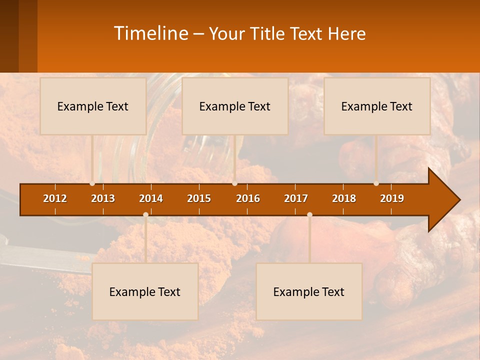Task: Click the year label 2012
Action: point(55,198)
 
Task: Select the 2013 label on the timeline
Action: point(103,198)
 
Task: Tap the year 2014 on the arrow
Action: point(151,198)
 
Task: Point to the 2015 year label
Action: point(199,198)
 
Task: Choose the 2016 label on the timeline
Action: point(248,198)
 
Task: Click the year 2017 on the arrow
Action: point(296,198)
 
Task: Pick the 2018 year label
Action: point(344,198)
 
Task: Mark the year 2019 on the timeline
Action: point(392,198)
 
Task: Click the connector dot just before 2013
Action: point(92,183)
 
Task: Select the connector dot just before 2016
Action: point(234,183)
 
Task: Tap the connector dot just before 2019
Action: point(376,183)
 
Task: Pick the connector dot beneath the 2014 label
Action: point(145,214)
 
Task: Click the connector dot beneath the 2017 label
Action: point(309,214)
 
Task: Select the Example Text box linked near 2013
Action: point(93,106)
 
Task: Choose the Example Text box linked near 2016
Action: point(235,106)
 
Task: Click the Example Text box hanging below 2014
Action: point(145,291)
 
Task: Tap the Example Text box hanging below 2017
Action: point(309,291)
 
